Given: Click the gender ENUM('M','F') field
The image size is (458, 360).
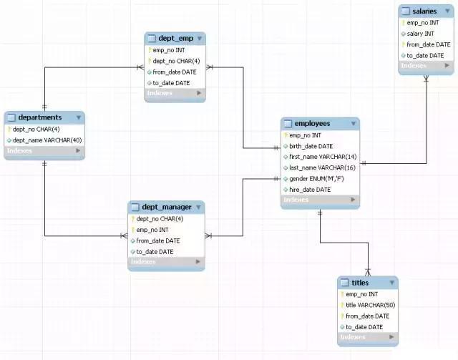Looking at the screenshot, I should [x=316, y=178].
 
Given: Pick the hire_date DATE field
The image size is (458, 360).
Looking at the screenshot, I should [x=310, y=190].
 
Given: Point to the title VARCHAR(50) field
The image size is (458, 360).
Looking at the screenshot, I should [x=370, y=305].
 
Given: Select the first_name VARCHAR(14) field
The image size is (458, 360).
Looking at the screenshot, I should [x=322, y=157].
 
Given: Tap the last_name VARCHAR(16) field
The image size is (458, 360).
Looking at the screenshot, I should [x=321, y=167].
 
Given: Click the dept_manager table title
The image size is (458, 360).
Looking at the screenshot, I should [x=166, y=207].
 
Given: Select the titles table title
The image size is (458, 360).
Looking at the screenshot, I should [x=360, y=283].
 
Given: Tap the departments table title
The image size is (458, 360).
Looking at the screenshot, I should [x=41, y=117].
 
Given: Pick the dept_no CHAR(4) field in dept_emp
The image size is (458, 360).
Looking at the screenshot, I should [x=176, y=61].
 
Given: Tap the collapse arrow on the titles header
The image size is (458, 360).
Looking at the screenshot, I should [x=390, y=283].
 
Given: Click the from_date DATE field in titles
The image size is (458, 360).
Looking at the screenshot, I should [x=367, y=316].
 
